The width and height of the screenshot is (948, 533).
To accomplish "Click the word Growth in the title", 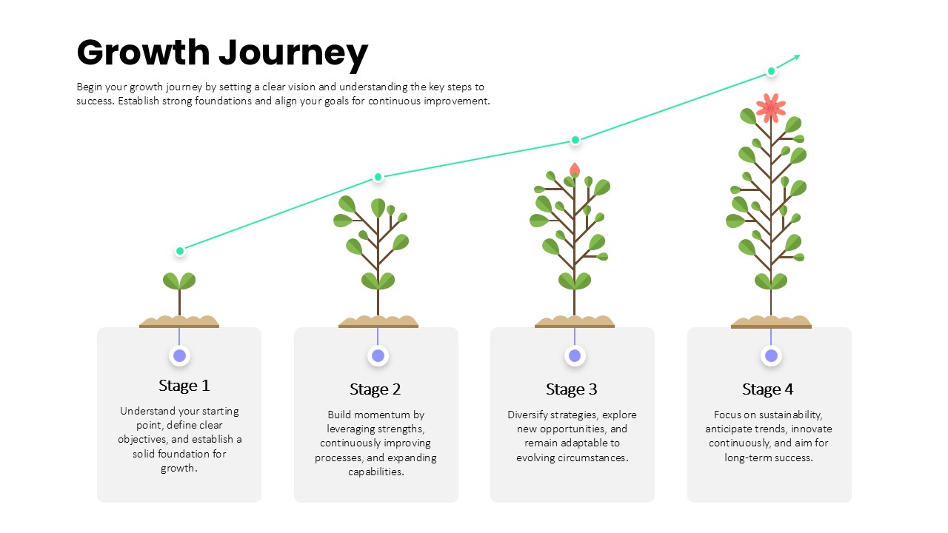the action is [x=144, y=53].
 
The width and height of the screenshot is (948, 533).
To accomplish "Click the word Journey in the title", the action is [x=293, y=55].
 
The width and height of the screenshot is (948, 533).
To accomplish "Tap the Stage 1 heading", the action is [x=184, y=386].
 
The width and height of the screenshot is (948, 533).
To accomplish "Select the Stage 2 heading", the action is [x=375, y=389].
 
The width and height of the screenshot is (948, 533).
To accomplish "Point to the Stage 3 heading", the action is [x=571, y=389].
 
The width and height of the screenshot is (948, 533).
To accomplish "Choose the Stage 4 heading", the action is [x=768, y=389].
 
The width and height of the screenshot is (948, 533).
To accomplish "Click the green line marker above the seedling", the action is [x=180, y=251].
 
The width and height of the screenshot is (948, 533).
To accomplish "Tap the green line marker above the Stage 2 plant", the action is [x=378, y=177].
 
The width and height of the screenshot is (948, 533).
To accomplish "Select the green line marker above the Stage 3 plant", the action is [x=575, y=140].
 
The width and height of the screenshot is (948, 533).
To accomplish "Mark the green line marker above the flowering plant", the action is [x=771, y=71].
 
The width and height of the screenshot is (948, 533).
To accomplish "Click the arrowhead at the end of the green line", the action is [x=797, y=57].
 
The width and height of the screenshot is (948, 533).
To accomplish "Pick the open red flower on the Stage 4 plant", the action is [x=771, y=107].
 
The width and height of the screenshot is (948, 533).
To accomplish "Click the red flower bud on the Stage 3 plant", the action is [x=574, y=170].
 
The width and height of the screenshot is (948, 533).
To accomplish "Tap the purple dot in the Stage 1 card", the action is [x=179, y=356].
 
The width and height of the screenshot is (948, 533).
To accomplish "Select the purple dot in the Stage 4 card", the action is [x=771, y=356].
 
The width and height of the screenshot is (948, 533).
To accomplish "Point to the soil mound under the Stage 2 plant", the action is [x=378, y=321].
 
